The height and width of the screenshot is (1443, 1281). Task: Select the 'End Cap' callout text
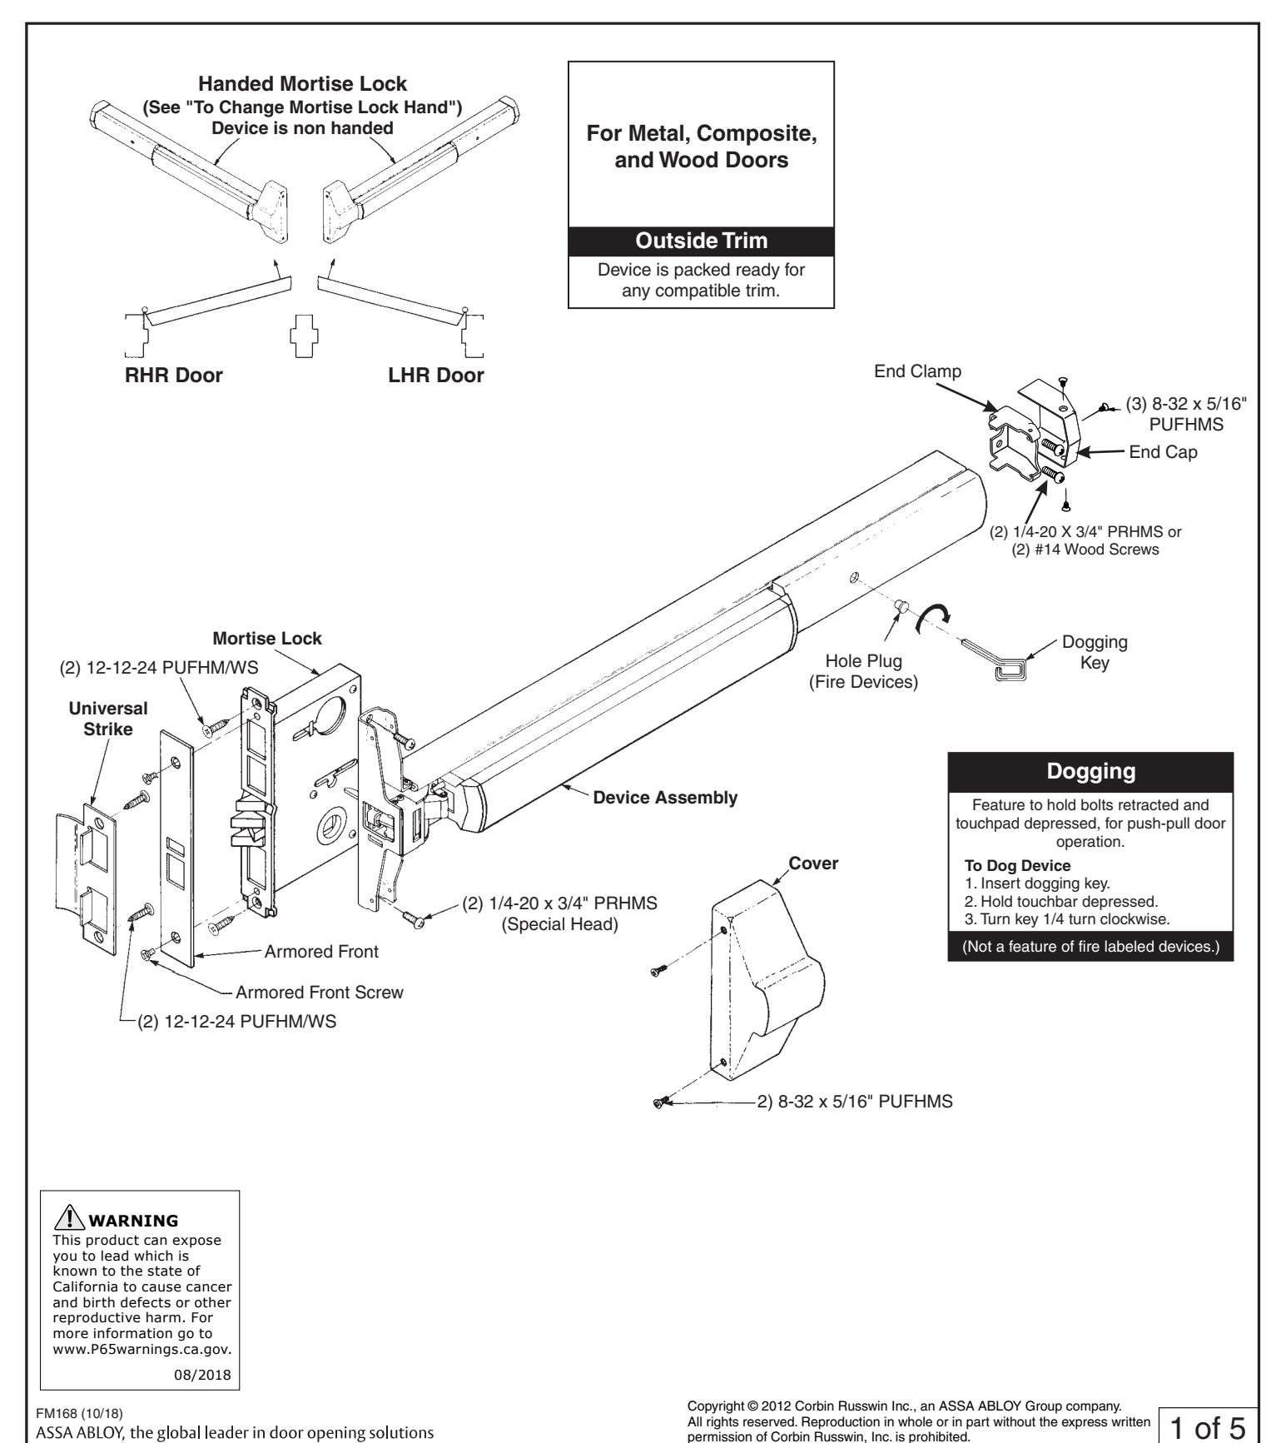point(1163,454)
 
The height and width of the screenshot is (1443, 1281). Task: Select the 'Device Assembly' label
point(664,798)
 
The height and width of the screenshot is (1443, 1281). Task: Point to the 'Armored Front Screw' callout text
point(320,993)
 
